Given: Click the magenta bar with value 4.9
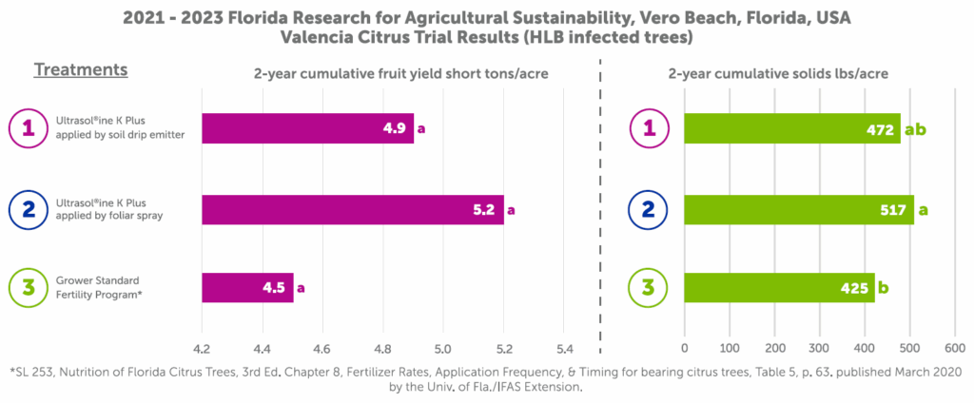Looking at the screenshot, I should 307,128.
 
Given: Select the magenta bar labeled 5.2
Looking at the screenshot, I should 352,210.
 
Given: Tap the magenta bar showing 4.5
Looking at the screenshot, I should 247,287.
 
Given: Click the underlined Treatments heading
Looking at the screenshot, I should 81,70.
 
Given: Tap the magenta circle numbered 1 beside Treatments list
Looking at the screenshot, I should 28,128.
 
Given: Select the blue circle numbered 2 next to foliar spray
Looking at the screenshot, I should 28,210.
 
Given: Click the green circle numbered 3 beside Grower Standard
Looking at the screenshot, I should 28,287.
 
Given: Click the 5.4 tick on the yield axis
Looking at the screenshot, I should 564,347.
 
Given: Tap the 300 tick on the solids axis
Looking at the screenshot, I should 820,347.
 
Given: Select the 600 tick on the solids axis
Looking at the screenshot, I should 954,347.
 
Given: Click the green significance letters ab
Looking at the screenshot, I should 915,129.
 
